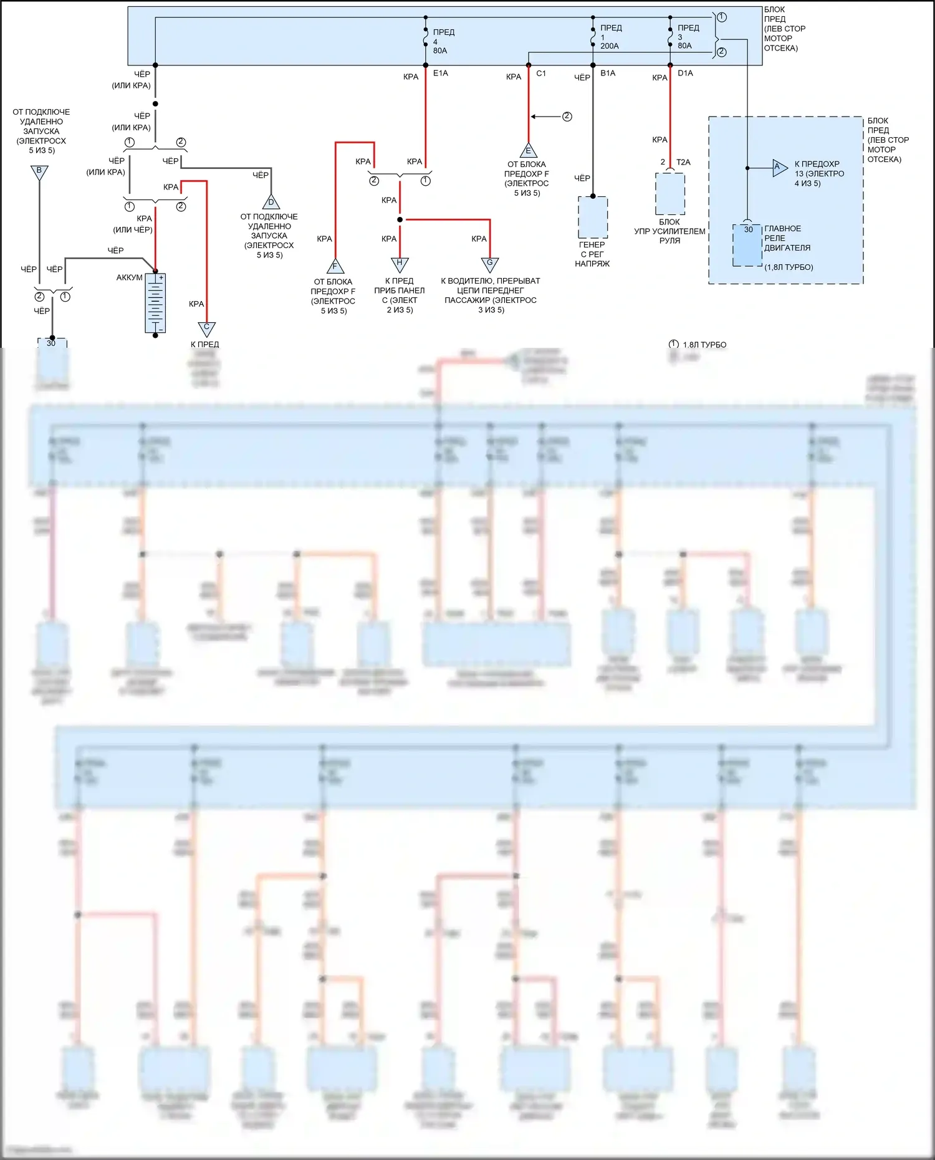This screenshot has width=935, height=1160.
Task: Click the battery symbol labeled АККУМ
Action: click(x=155, y=304)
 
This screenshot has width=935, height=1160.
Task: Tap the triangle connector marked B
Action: click(x=39, y=172)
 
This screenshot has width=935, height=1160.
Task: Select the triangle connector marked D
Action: click(x=271, y=203)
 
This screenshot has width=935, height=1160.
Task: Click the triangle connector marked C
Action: click(x=206, y=328)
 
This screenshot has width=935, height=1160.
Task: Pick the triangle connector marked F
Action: click(x=335, y=267)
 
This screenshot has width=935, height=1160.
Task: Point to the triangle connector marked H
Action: click(x=400, y=264)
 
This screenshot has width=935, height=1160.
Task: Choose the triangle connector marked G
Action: click(x=490, y=264)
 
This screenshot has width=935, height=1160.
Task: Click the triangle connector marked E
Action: click(x=529, y=151)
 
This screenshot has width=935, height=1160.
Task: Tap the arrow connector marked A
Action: click(x=779, y=167)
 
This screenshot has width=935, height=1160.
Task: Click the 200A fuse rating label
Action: click(x=610, y=46)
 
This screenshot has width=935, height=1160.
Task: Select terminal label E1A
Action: click(x=441, y=74)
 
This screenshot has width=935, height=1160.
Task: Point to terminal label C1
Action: click(x=541, y=74)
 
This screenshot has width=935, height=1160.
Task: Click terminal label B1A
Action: click(x=608, y=74)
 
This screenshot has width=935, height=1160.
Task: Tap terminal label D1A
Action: click(x=685, y=74)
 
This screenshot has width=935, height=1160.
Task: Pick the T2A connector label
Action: click(x=683, y=162)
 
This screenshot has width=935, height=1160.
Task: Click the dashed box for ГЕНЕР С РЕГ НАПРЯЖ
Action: click(x=593, y=218)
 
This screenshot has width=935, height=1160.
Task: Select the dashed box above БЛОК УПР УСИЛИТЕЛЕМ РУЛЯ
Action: click(x=670, y=194)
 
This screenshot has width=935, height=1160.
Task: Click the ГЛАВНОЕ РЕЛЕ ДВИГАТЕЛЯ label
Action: click(x=787, y=238)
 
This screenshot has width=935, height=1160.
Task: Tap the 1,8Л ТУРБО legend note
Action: click(x=704, y=345)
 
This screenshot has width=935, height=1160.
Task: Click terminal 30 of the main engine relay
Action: click(x=748, y=230)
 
